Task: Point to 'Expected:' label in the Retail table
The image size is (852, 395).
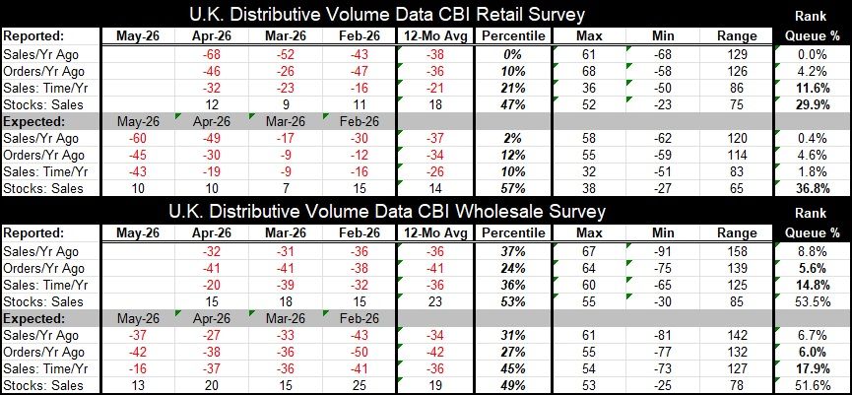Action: pos(35,120)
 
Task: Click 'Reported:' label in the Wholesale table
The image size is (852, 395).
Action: pos(35,233)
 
